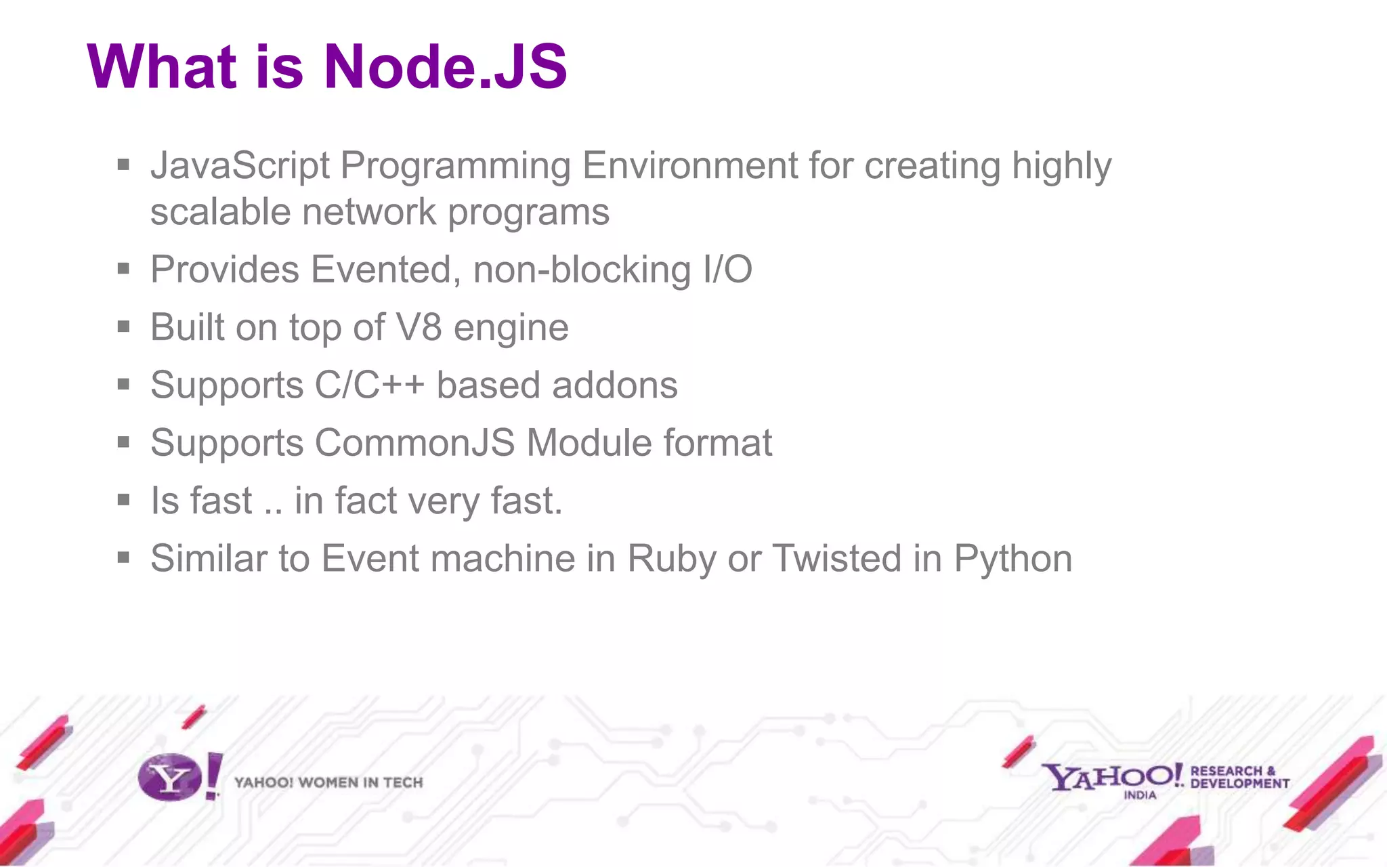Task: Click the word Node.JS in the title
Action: [x=446, y=66]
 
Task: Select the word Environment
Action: [x=690, y=166]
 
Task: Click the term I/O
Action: [x=727, y=270]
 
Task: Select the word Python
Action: [x=1013, y=559]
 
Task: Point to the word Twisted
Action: [x=837, y=559]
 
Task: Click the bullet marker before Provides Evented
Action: [x=123, y=269]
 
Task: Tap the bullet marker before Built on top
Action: [x=123, y=327]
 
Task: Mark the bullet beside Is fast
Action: [x=123, y=501]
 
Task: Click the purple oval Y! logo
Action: [x=171, y=778]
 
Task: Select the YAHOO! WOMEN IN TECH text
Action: [x=328, y=783]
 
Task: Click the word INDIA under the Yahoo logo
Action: [x=1140, y=795]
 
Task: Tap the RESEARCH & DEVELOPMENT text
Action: [x=1239, y=777]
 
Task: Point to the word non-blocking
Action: [x=582, y=270]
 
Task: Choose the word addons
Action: [x=615, y=385]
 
